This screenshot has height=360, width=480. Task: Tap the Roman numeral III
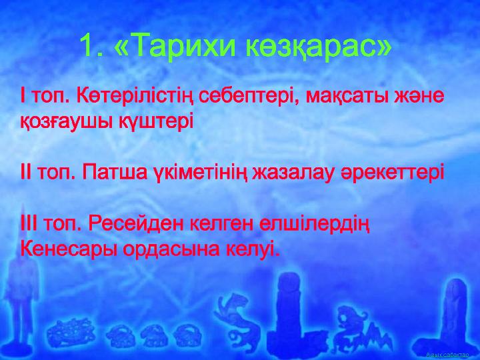click(x=29, y=225)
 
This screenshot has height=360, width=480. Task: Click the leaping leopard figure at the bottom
click(x=233, y=317)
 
